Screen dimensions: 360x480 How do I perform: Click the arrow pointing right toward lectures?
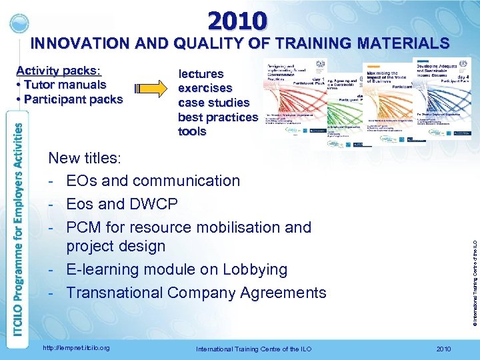click(150, 89)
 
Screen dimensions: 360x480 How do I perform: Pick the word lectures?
click(201, 73)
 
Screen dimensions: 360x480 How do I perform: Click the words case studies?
click(213, 103)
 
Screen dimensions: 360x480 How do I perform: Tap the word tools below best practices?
click(192, 131)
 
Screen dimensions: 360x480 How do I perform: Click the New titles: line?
click(85, 158)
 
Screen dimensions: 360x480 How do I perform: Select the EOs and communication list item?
click(153, 181)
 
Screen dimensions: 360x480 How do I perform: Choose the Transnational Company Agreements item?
click(196, 293)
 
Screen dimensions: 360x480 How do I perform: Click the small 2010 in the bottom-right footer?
click(443, 349)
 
